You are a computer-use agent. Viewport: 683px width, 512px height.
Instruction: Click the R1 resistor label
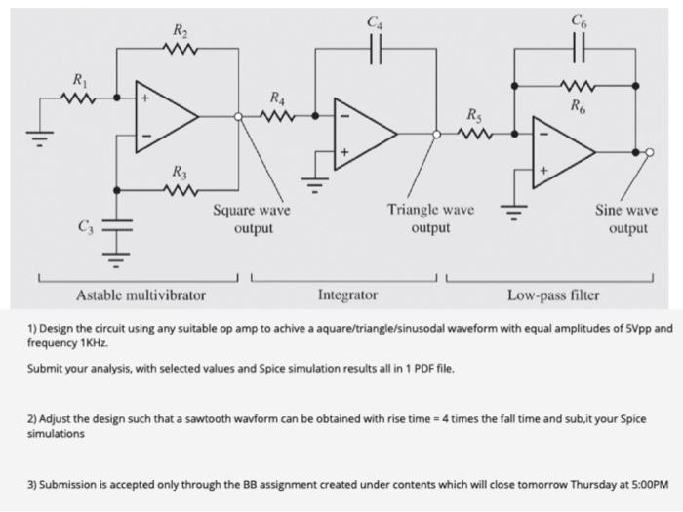pos(78,78)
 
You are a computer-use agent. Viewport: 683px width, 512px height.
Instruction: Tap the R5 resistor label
pos(474,116)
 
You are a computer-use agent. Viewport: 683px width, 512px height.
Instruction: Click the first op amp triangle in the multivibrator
pos(165,117)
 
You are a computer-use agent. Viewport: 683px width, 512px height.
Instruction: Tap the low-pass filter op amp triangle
pos(560,151)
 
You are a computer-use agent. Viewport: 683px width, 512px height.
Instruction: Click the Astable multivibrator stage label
pos(141,294)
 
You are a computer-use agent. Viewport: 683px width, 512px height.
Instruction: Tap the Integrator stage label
pos(348,294)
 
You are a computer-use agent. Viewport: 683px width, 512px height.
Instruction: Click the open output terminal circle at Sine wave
pos(651,151)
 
